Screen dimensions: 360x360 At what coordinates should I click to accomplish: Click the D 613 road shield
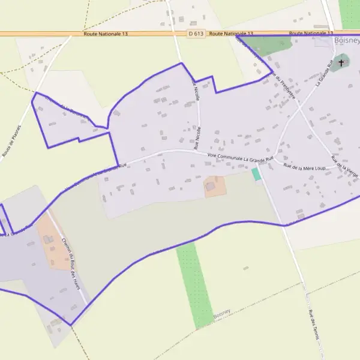194,34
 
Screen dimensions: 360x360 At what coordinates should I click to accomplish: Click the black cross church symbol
341,62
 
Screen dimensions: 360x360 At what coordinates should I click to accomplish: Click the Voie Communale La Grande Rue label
239,158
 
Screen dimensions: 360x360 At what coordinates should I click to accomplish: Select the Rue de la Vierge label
344,165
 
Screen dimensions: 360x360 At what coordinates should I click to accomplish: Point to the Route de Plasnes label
11,141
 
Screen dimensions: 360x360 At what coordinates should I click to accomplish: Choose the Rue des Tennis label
313,325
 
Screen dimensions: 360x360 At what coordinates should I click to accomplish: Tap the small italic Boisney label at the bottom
221,313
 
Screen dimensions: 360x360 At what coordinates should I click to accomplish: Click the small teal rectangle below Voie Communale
256,174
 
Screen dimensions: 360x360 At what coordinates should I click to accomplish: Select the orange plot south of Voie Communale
215,186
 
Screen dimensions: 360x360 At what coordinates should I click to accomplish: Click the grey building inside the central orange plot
210,187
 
